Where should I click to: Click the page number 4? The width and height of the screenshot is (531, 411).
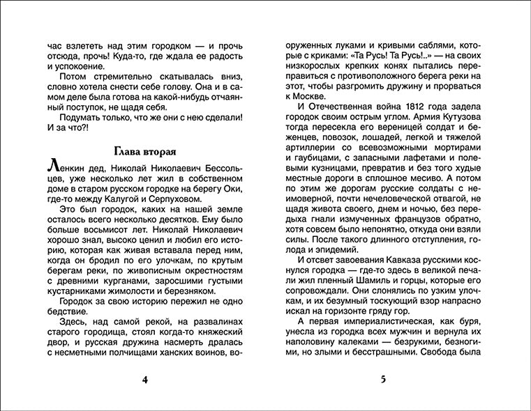144,380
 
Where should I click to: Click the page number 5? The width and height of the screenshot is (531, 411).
383,380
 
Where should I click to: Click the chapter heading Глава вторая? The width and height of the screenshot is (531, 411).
144,153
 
